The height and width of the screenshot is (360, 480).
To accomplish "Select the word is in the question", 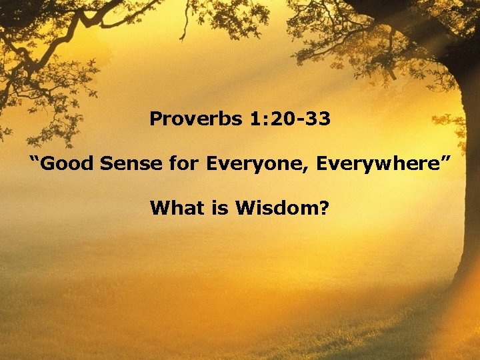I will click(213, 209).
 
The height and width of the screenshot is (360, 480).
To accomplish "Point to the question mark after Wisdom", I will click(325, 209).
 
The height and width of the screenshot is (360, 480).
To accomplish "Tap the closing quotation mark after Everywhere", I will click(446, 159).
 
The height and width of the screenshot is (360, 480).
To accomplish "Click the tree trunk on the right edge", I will click(467, 167).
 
